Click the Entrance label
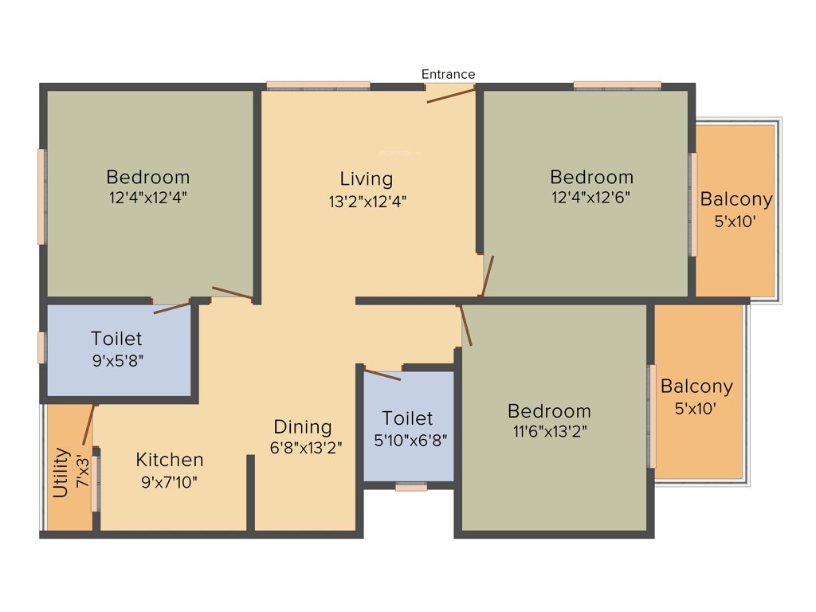tap(448, 74)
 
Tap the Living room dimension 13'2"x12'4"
tap(367, 202)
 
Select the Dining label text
tap(303, 426)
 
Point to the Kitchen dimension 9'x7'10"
tap(169, 481)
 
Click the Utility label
tap(60, 473)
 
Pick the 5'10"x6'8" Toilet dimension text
tap(408, 439)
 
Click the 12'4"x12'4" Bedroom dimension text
tap(148, 197)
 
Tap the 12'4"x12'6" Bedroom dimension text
tap(591, 197)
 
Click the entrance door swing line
tap(451, 96)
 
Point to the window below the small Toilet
tap(411, 487)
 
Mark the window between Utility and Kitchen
tap(95, 483)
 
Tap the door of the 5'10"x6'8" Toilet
tap(382, 374)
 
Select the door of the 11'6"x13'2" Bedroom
tap(466, 324)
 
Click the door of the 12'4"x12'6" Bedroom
tap(488, 276)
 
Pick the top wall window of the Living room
tap(318, 84)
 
